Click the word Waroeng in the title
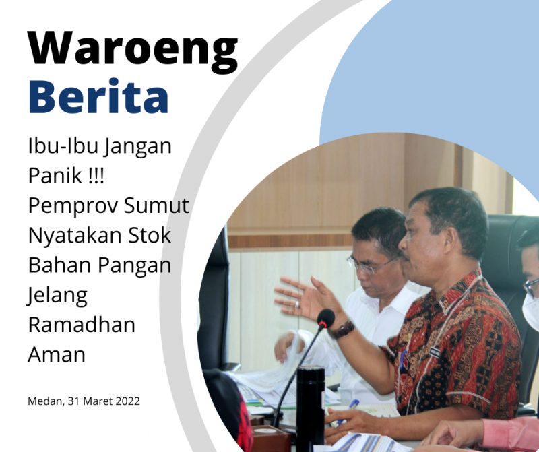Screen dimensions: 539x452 133,51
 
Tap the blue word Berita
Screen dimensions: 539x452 98,96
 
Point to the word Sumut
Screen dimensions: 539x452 156,205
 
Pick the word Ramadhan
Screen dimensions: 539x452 82,325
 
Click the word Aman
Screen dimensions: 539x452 57,355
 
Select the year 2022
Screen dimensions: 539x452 127,401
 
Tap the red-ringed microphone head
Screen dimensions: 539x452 325,319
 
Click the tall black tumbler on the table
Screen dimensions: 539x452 311,408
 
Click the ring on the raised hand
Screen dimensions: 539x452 297,304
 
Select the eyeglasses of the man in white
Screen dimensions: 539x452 369,265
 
